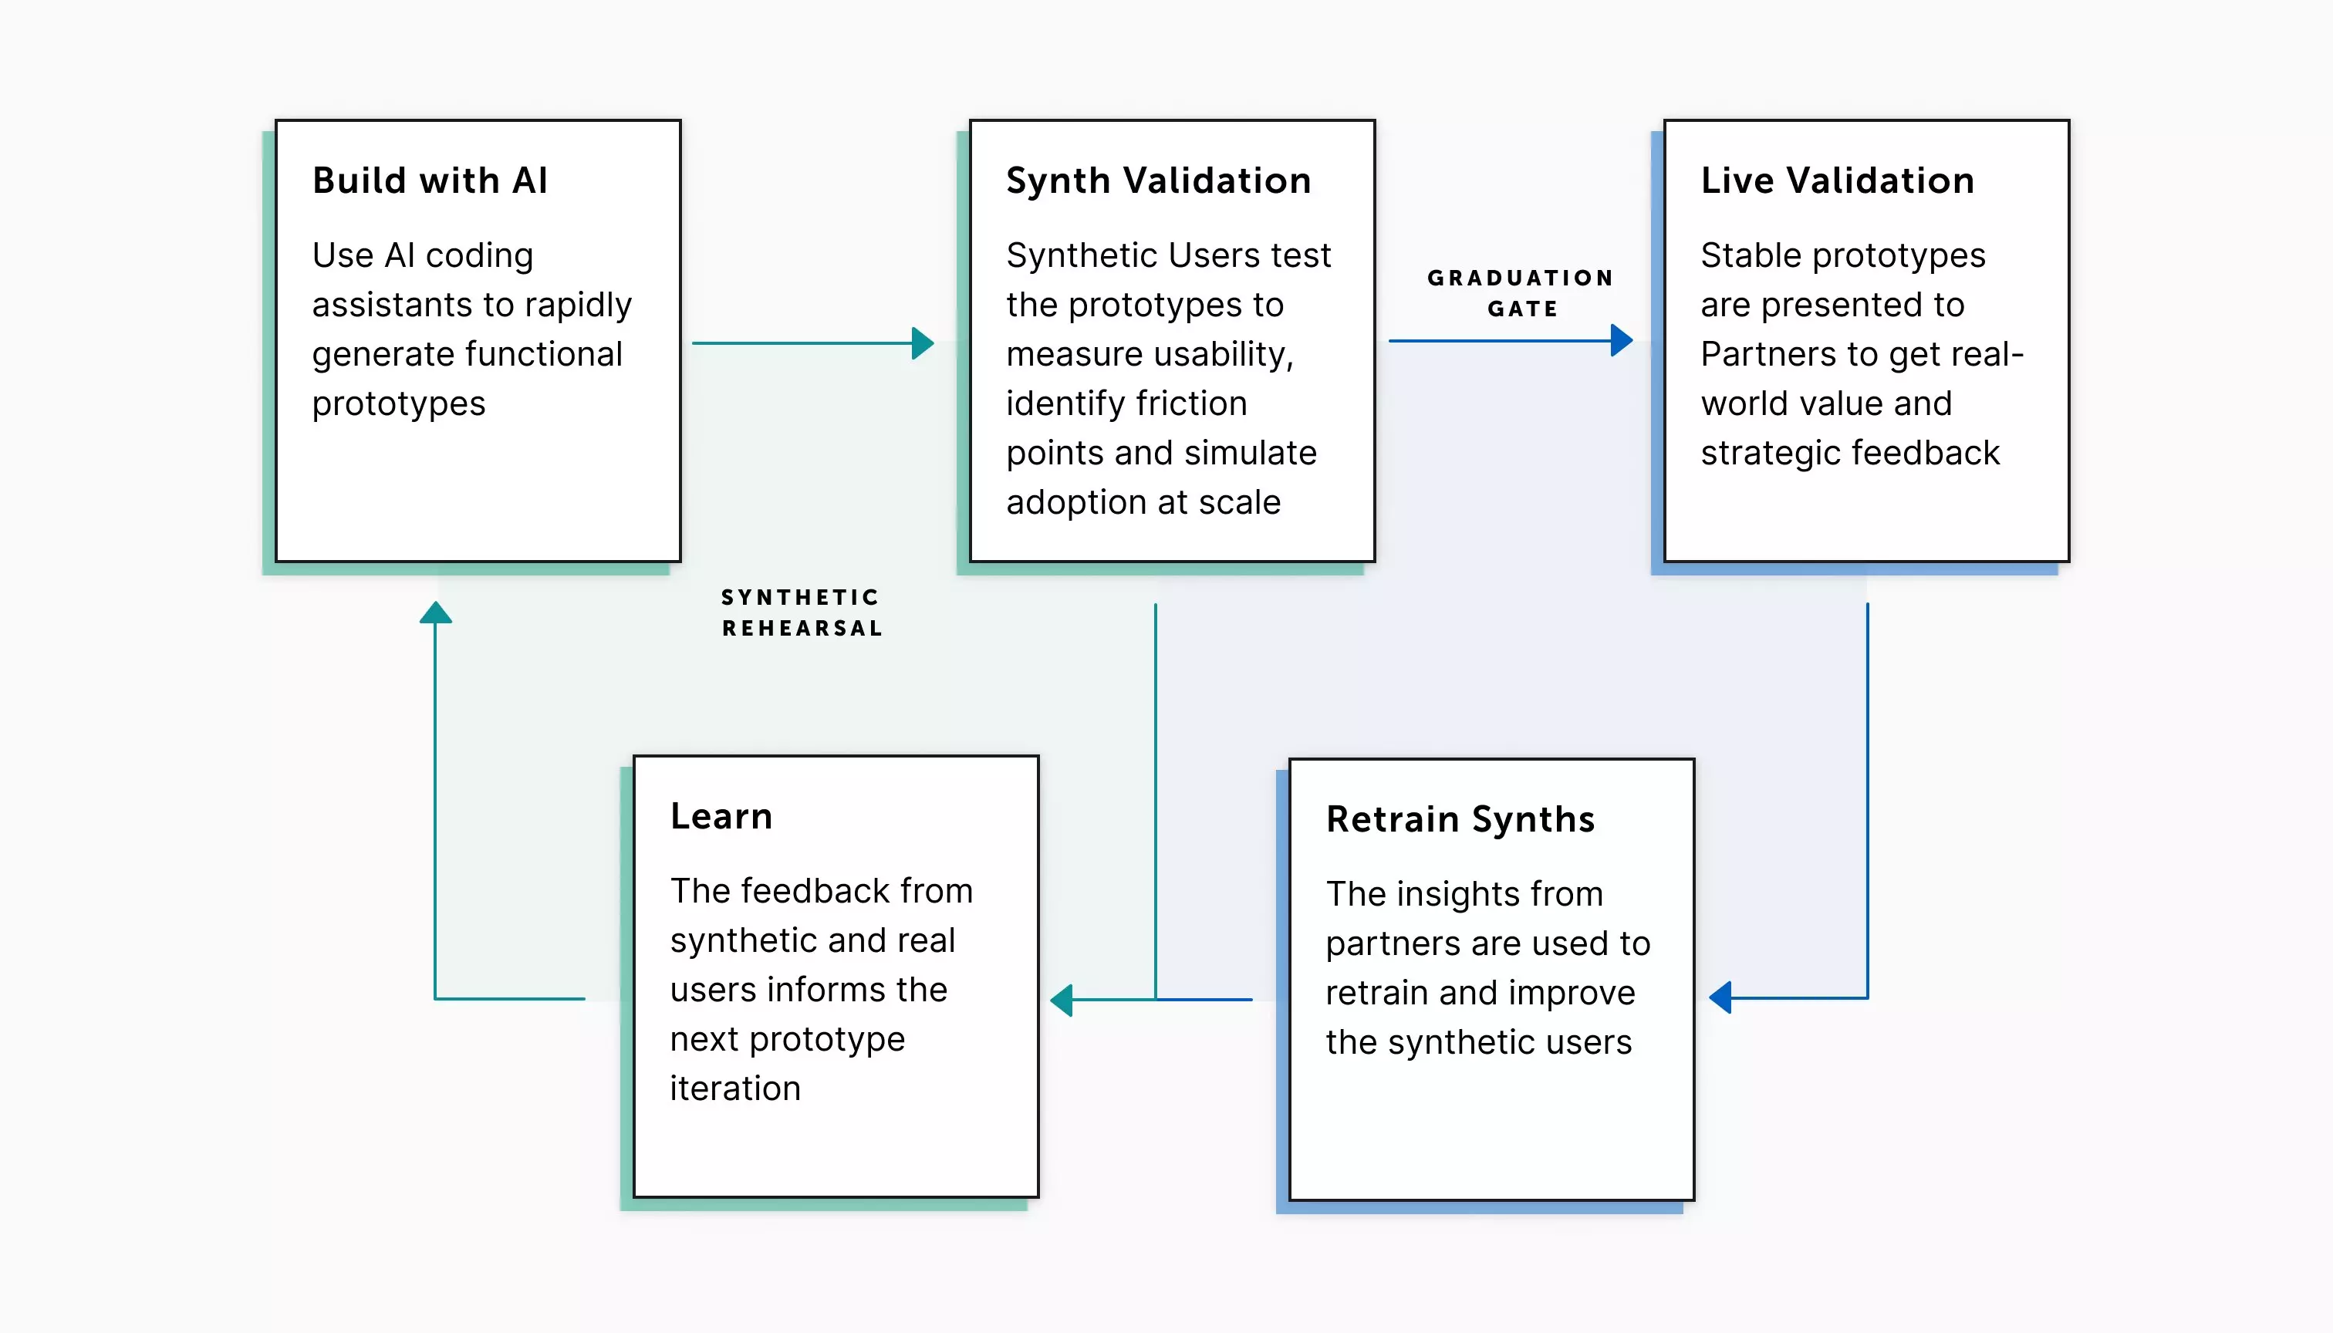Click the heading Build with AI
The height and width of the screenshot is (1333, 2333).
coord(430,181)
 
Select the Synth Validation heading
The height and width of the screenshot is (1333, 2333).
coord(1158,181)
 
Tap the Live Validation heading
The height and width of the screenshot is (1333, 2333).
coord(1837,181)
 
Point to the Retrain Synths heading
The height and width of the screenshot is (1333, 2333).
coord(1460,818)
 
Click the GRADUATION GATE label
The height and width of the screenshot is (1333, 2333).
coord(1521,293)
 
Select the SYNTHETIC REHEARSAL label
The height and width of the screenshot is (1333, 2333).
coord(801,613)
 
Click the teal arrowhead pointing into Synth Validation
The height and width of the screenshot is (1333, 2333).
coord(923,343)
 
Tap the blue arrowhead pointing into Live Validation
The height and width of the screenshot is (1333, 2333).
coord(1622,340)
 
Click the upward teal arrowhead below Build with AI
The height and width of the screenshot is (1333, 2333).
coord(436,613)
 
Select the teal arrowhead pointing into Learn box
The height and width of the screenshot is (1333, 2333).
coord(1062,1000)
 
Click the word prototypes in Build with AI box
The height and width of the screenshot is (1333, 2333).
coord(398,403)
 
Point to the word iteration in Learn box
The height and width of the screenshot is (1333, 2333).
coord(735,1088)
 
